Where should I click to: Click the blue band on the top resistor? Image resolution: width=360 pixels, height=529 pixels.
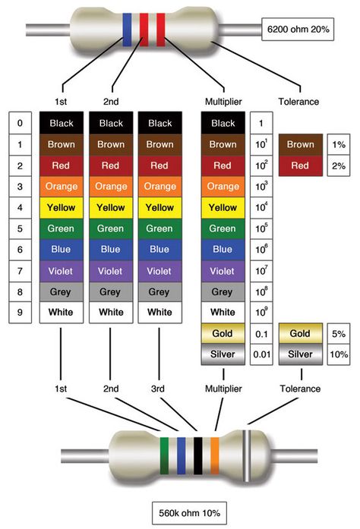point(127,30)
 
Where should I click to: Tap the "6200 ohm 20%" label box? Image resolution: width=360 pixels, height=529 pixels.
point(298,30)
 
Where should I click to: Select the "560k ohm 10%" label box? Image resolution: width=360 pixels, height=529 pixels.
point(189,513)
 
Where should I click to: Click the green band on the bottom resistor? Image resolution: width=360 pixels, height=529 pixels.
point(164,456)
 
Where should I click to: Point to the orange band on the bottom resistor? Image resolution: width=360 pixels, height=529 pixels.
point(215,456)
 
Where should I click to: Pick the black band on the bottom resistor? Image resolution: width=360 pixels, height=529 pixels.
point(198,456)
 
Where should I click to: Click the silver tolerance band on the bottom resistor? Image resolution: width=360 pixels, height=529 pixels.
point(247,456)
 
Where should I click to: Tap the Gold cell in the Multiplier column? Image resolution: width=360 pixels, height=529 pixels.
point(223,333)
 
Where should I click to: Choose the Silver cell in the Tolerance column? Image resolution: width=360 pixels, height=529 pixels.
point(301,354)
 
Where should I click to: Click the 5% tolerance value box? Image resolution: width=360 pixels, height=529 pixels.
point(339,334)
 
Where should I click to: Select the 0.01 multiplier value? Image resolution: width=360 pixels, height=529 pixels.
point(261,354)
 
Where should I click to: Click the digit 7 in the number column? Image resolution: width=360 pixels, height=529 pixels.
point(20,271)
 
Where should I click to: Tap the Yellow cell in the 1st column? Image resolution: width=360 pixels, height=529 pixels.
point(61,207)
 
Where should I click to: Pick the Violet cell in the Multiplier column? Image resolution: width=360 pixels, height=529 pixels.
point(223,271)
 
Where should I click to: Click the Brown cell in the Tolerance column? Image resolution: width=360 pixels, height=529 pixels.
point(301,144)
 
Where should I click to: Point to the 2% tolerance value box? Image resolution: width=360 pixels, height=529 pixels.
point(339,165)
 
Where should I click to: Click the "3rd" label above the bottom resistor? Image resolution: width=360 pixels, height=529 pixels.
point(158,389)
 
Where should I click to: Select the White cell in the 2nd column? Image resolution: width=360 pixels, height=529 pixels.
point(111,313)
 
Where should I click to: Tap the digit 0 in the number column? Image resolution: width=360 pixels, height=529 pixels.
point(20,123)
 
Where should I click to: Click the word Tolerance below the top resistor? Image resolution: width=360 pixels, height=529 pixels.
point(298,102)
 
